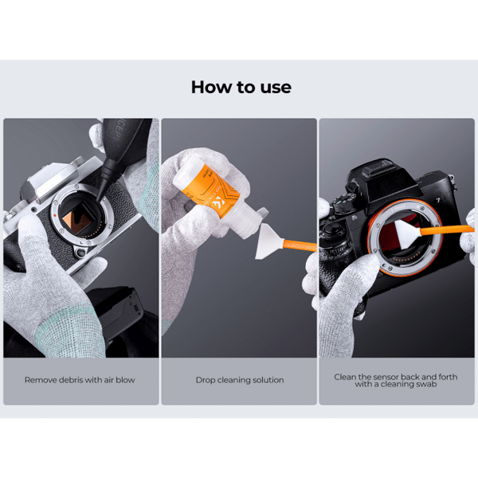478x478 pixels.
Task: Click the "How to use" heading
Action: click(x=241, y=87)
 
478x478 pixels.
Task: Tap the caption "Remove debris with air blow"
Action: click(x=80, y=380)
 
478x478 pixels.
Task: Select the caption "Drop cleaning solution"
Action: click(x=240, y=380)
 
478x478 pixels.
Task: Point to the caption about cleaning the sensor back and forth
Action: click(x=396, y=381)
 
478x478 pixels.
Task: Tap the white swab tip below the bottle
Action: click(x=269, y=241)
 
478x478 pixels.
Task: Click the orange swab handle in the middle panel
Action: click(x=300, y=245)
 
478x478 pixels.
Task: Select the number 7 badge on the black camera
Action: click(x=438, y=200)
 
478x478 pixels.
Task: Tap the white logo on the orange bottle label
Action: click(x=220, y=202)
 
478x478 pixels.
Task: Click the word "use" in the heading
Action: click(x=276, y=88)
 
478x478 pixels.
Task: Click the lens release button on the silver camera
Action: click(x=81, y=252)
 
